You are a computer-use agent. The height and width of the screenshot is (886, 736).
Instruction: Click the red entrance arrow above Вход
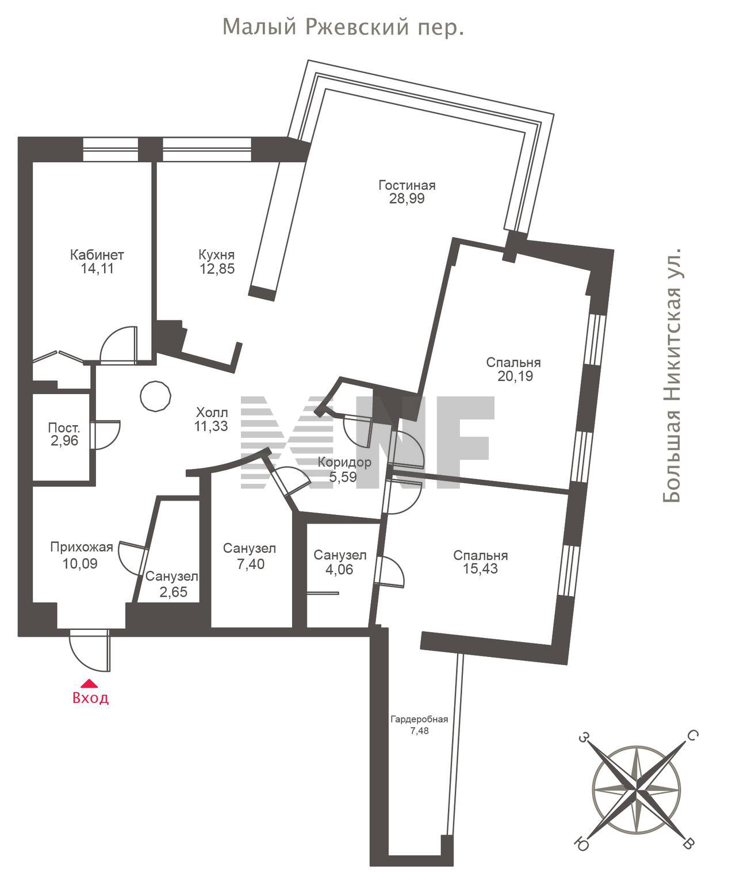click(90, 683)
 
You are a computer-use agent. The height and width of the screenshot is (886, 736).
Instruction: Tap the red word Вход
click(91, 698)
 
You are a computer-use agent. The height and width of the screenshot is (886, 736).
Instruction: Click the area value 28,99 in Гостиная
click(407, 198)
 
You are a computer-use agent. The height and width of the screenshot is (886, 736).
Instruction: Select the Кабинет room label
click(97, 255)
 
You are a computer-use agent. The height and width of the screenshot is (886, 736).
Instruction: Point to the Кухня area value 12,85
click(217, 269)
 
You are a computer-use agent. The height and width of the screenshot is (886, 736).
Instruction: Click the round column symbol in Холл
click(156, 396)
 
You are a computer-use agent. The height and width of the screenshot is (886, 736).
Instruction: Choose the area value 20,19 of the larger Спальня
click(515, 376)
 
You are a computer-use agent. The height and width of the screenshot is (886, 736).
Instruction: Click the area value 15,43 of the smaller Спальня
click(480, 568)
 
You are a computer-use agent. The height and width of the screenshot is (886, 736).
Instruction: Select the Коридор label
click(344, 462)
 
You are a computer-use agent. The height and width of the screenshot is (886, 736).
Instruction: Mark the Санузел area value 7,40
click(251, 564)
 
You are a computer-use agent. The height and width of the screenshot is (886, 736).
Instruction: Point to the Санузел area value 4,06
click(339, 570)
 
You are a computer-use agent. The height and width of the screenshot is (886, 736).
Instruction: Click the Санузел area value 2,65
click(174, 592)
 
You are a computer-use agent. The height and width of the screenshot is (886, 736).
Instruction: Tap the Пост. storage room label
click(64, 427)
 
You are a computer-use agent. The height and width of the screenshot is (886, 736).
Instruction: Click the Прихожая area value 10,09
click(80, 563)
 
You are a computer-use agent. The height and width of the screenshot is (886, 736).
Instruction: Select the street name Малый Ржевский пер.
click(343, 27)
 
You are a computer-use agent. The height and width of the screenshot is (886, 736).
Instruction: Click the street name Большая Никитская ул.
click(672, 376)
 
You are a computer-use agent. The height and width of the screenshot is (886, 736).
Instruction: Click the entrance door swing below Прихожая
click(90, 651)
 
